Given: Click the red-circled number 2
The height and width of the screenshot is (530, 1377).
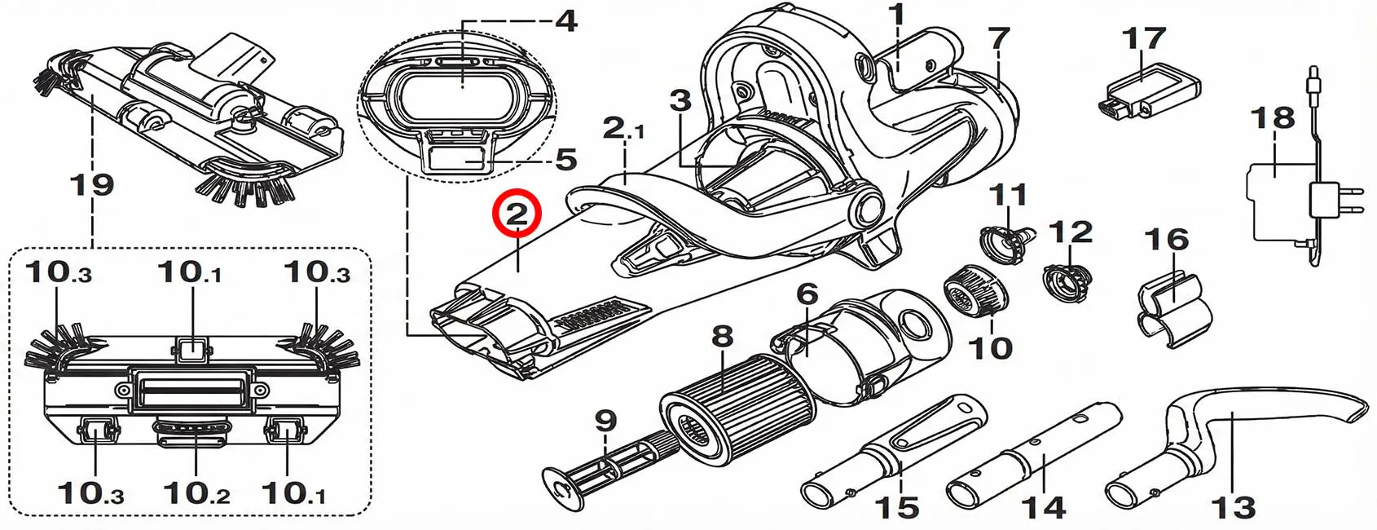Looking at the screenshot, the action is (x=517, y=214).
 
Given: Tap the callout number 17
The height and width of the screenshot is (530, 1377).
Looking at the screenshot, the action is (x=1143, y=38).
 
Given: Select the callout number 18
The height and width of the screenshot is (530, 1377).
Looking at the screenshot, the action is (x=1273, y=117).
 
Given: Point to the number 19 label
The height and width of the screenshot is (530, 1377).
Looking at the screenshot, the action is (x=92, y=183).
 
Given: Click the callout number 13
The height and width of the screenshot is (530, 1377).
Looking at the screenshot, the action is (x=1233, y=508).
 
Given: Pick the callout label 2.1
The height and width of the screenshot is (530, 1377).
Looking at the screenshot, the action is (x=623, y=129).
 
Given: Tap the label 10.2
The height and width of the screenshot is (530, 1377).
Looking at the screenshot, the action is (x=196, y=493).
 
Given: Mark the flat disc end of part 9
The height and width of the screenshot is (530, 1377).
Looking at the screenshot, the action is (x=562, y=489).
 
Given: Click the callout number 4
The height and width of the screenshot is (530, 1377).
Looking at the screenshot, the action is (x=565, y=21).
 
